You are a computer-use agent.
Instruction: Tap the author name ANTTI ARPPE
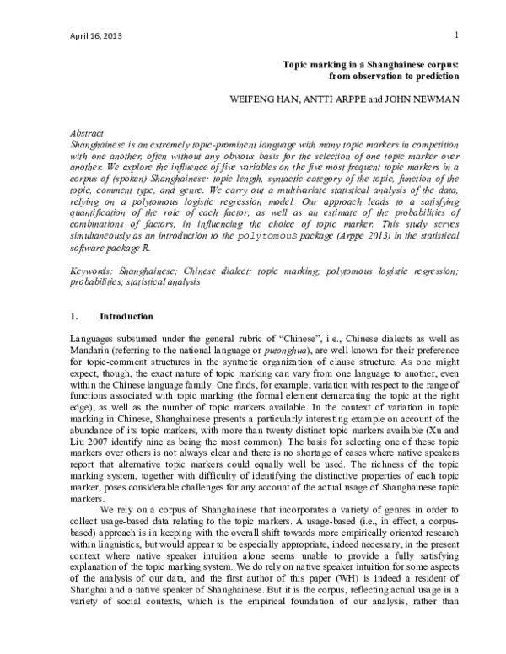click(x=335, y=98)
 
